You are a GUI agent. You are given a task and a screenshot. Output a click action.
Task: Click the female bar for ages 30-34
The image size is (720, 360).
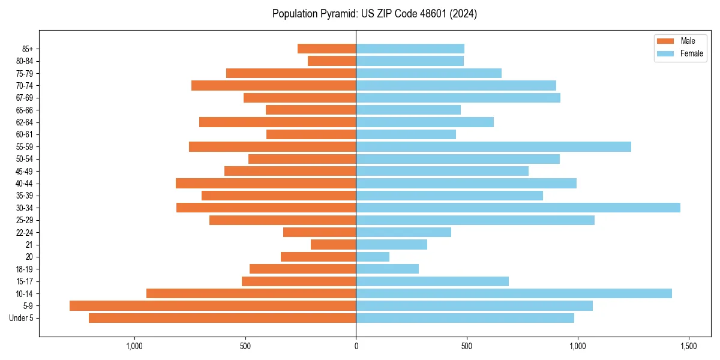(x=518, y=208)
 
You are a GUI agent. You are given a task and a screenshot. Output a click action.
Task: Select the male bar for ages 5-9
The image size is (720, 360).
(x=213, y=305)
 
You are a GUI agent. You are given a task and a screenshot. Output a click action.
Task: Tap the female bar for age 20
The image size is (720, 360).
(x=373, y=257)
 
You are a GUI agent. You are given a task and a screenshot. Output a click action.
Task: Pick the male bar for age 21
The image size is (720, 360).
(x=334, y=245)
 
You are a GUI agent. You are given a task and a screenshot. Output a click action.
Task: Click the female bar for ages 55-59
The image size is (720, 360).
(x=493, y=146)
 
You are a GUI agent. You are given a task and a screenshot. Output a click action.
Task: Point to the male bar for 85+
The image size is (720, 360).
(x=327, y=49)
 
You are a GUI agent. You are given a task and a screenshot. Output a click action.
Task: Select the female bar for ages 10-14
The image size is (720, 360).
(x=514, y=293)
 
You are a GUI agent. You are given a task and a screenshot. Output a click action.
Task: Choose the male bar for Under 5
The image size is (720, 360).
(x=223, y=318)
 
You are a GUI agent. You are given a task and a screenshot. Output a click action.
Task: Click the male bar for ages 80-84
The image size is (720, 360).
(x=332, y=61)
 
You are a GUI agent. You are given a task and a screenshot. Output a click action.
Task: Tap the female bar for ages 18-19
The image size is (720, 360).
(x=387, y=269)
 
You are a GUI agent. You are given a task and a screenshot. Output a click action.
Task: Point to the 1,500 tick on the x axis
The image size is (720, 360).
(x=688, y=346)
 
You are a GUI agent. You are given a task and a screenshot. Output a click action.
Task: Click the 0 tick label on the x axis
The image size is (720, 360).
(x=356, y=346)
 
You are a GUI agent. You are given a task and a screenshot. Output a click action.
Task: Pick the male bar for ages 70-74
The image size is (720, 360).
(x=274, y=85)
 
